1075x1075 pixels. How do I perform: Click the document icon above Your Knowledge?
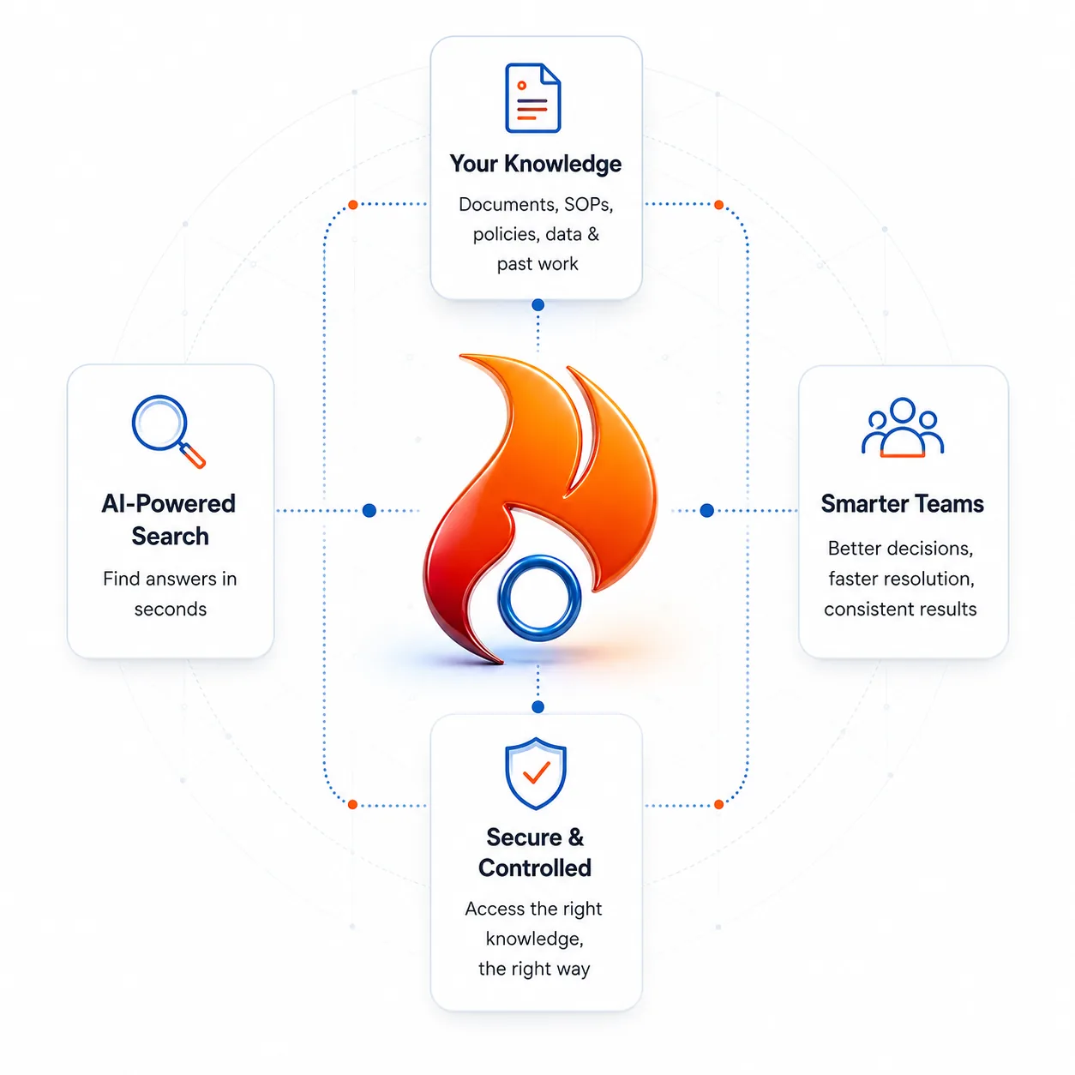coord(532,99)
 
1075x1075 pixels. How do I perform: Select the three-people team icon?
coord(902,427)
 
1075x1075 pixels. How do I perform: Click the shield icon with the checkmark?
coord(536,773)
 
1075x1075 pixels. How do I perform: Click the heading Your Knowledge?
coord(536,164)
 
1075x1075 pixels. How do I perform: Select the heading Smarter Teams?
coord(902,504)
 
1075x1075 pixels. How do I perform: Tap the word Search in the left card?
coord(170,536)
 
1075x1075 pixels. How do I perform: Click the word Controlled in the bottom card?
coord(534,868)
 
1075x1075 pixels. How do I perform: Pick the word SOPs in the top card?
coord(588,205)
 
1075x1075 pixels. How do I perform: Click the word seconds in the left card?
coord(170,610)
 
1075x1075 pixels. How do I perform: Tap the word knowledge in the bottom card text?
coord(534,940)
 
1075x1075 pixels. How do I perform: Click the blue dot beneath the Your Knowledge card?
coord(537,305)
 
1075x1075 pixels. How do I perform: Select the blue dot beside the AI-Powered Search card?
coord(369,510)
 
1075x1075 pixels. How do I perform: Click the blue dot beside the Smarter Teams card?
coord(707,510)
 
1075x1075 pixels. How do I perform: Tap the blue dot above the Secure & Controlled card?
coord(537,707)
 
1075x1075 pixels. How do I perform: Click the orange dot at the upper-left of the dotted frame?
coord(352,205)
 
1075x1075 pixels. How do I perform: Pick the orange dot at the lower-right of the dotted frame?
coord(718,804)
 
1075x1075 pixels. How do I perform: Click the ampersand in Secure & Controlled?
coord(576,838)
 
